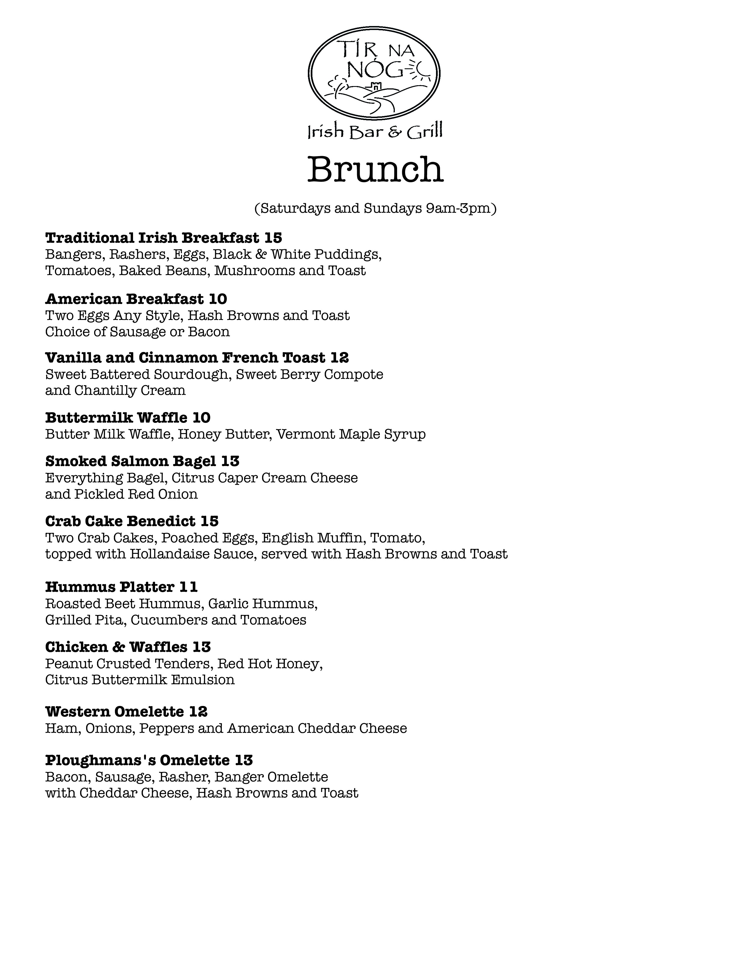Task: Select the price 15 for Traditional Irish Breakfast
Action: pyautogui.click(x=273, y=238)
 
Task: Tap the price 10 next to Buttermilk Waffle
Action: pyautogui.click(x=202, y=417)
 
